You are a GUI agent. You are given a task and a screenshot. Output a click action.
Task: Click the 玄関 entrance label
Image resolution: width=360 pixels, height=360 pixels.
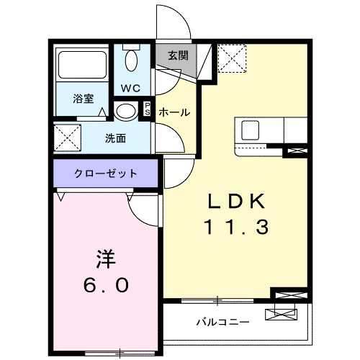178,55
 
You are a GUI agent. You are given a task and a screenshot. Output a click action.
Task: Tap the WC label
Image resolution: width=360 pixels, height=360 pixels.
130,89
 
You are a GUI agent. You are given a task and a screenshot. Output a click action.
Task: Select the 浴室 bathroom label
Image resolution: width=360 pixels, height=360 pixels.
84,99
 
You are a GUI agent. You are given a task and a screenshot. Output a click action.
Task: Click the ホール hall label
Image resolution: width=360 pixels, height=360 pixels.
174,112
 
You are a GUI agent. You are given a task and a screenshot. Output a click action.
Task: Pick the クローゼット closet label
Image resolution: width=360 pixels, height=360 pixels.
105,173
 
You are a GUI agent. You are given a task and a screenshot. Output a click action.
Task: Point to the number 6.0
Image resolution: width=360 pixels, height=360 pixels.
106,286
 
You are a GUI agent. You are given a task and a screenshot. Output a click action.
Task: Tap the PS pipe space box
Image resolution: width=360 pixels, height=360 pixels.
148,110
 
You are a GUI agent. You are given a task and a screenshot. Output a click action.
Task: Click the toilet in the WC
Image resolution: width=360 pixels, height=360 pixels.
132,59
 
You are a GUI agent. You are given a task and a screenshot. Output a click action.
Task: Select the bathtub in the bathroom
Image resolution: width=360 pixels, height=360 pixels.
82,66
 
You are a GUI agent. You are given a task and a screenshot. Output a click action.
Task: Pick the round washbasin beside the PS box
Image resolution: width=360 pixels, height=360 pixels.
125,111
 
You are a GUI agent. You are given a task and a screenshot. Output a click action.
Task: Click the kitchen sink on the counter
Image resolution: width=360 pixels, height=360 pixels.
251,130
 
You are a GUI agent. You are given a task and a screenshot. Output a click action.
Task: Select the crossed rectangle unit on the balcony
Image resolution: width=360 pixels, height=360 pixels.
280,314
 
